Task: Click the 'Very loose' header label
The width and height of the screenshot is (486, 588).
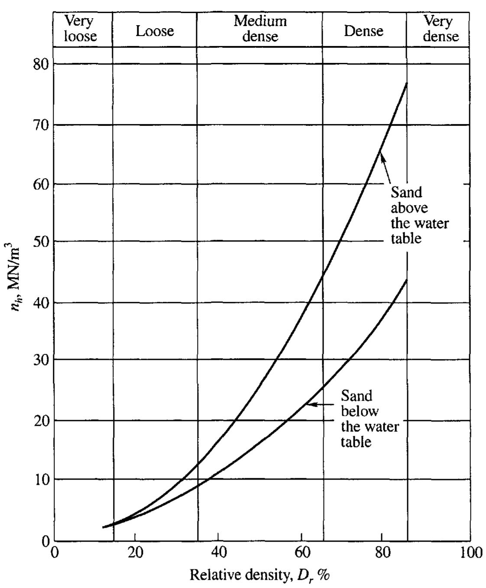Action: click(81, 29)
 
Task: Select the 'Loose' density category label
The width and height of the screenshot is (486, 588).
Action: click(155, 31)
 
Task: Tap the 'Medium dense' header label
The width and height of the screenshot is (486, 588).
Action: click(260, 29)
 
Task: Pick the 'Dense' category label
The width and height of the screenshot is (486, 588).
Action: click(363, 31)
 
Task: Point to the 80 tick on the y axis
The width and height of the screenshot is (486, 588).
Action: click(41, 65)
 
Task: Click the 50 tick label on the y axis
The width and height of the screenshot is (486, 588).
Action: click(41, 242)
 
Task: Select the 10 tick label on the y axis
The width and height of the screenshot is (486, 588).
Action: click(41, 479)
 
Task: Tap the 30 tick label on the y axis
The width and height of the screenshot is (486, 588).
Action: click(41, 360)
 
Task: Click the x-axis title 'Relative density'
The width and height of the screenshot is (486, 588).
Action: click(260, 575)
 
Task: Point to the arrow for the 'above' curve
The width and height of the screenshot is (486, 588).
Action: click(386, 169)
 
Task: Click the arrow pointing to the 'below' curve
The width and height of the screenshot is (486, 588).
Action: click(321, 404)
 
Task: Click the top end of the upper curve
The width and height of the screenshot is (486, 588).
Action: click(406, 83)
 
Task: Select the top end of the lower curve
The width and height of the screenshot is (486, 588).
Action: click(406, 280)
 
